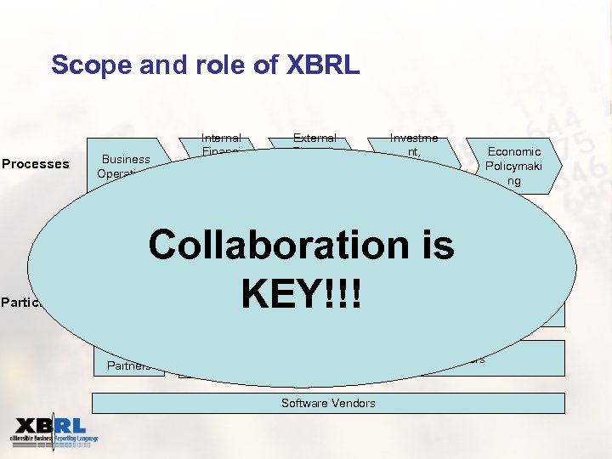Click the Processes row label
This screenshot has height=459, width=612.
35,164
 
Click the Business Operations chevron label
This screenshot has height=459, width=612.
125,164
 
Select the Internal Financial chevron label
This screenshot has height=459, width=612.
221,142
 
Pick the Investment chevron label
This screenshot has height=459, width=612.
413,144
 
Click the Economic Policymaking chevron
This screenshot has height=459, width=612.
513,166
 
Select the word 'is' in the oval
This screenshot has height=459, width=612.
434,246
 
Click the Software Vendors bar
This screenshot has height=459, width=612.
328,403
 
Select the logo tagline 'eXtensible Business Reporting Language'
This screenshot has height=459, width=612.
54,439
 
